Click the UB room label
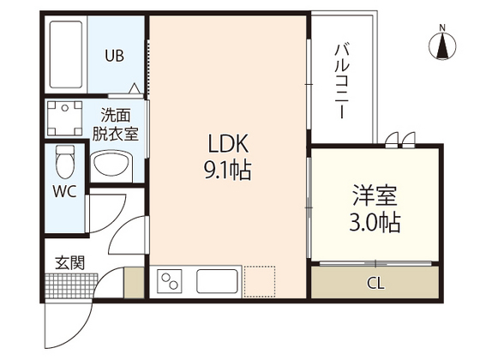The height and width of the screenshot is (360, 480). click(114, 57)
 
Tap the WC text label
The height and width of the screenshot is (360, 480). click(65, 192)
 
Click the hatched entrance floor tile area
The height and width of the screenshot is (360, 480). click(66, 285)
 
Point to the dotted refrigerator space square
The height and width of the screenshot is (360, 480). click(259, 281)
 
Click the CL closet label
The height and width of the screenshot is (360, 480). click(375, 283)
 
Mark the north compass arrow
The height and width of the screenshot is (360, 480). click(442, 47)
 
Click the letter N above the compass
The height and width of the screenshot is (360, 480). click(442, 27)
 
